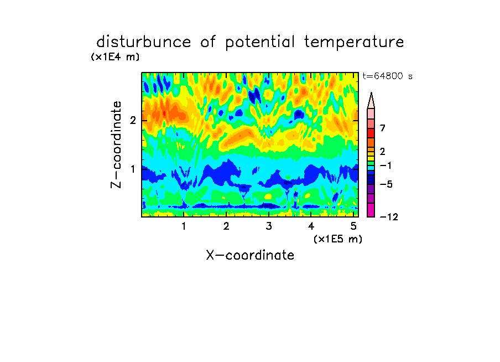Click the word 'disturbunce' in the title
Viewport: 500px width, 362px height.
(144, 42)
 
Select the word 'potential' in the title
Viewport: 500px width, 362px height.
(260, 43)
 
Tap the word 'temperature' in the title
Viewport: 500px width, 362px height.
(354, 43)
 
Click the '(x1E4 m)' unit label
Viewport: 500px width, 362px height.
(115, 57)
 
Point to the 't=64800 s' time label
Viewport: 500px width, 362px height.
(387, 76)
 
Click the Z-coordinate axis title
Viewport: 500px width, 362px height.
(116, 144)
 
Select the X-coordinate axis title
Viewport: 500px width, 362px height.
(250, 255)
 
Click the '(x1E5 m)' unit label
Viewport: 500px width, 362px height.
(338, 239)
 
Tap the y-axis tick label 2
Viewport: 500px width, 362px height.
(133, 120)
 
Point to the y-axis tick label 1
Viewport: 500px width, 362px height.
(133, 169)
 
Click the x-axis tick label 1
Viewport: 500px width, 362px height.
(184, 226)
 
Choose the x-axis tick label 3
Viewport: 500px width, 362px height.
(269, 226)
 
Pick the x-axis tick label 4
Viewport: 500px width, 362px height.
(311, 226)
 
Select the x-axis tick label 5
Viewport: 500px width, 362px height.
(353, 226)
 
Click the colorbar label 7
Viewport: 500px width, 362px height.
(383, 128)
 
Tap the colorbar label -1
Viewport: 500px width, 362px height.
(386, 166)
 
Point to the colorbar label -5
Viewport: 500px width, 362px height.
(386, 184)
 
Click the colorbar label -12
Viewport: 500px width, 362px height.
(389, 217)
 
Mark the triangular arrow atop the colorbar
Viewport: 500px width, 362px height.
(371, 101)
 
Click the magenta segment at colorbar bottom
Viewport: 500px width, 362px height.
(371, 210)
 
